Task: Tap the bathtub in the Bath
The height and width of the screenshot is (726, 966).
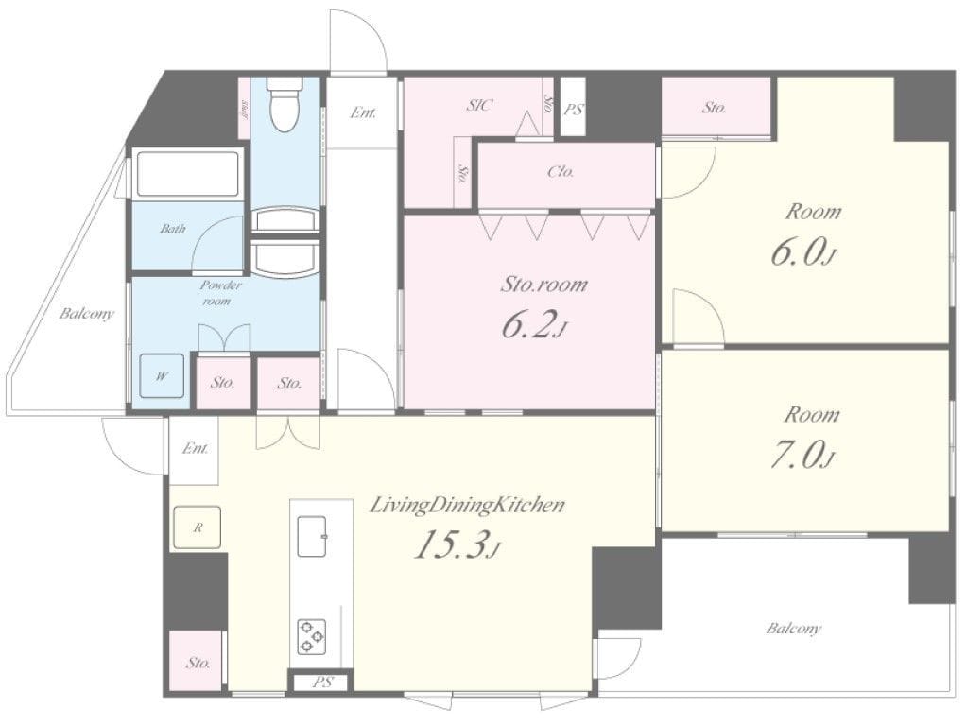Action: [x=187, y=173]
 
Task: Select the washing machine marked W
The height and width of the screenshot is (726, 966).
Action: [x=162, y=376]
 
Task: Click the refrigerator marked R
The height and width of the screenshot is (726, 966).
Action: [x=198, y=527]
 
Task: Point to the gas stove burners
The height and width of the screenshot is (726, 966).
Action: [x=311, y=636]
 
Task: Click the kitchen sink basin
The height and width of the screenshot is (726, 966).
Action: [x=314, y=536]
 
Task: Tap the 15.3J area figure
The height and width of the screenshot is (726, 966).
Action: [x=457, y=545]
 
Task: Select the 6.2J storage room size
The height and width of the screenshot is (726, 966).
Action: [x=533, y=326]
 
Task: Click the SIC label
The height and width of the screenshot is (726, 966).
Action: [x=479, y=105]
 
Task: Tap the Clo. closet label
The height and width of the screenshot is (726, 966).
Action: [x=561, y=172]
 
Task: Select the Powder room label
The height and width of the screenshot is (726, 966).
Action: [x=219, y=293]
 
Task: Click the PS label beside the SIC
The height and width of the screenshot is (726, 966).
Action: [x=574, y=111]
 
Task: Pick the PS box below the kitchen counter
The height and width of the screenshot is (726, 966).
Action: [x=321, y=683]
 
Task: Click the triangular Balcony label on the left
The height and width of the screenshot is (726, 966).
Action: [x=87, y=314]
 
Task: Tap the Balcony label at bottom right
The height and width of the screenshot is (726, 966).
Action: [x=794, y=630]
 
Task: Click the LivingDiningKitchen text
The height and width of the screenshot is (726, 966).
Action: [x=466, y=506]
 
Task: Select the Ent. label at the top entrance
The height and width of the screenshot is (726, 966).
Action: [x=363, y=112]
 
